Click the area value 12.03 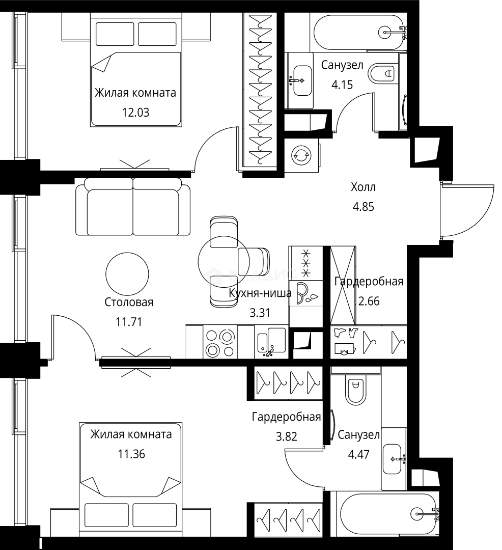135,113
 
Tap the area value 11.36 131,454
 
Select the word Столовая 129,302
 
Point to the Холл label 363,187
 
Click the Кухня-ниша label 260,293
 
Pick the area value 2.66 369,301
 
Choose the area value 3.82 287,436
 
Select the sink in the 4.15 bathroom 302,80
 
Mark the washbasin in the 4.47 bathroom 392,459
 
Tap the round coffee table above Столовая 127,273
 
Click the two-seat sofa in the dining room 133,206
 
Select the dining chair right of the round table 254,261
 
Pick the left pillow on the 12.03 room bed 115,34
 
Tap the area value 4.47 358,455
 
